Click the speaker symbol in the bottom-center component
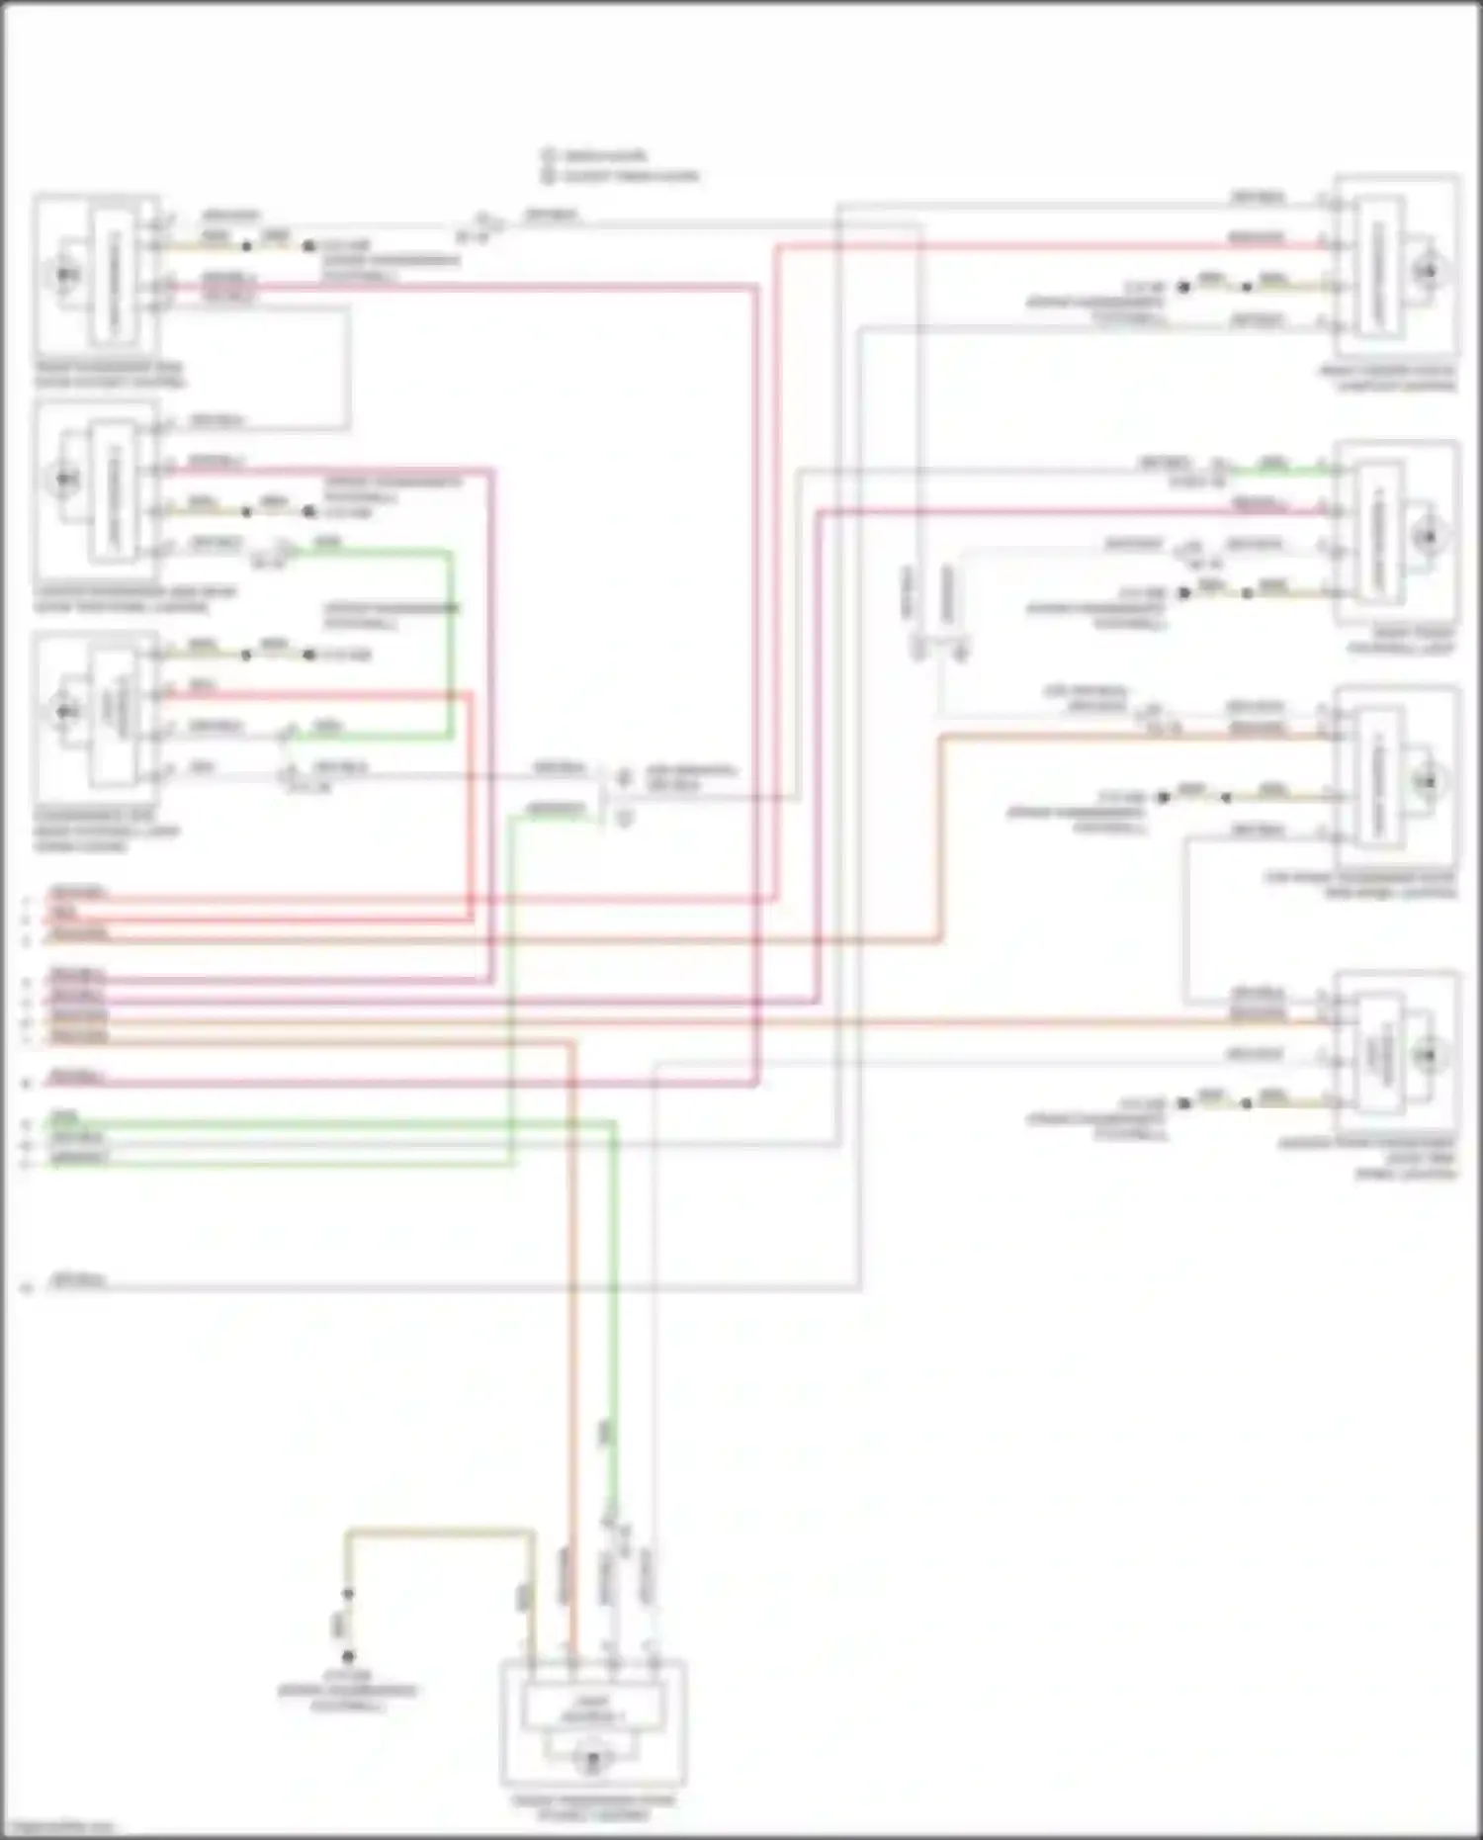coord(593,1761)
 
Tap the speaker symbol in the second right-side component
coord(1427,536)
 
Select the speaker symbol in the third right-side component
coord(1427,781)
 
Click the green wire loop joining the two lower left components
coord(451,643)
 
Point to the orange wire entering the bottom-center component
coord(571,1384)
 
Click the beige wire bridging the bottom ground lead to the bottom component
coord(440,1533)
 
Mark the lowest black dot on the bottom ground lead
coord(348,1656)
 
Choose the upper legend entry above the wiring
coord(603,155)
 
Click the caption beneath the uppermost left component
coord(109,375)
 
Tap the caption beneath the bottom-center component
coord(593,1808)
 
